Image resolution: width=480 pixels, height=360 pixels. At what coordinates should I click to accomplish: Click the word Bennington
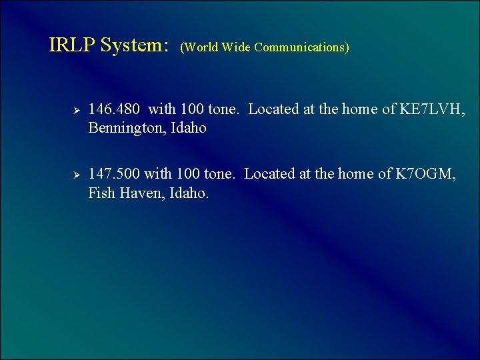[127, 128]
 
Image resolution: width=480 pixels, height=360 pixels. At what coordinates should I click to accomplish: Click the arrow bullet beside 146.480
[76, 109]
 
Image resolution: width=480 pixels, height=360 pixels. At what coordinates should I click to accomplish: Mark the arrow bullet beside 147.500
[76, 175]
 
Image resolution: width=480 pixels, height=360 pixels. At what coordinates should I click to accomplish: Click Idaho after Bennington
[189, 128]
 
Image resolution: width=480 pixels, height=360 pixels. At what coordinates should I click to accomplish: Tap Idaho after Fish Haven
[189, 193]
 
